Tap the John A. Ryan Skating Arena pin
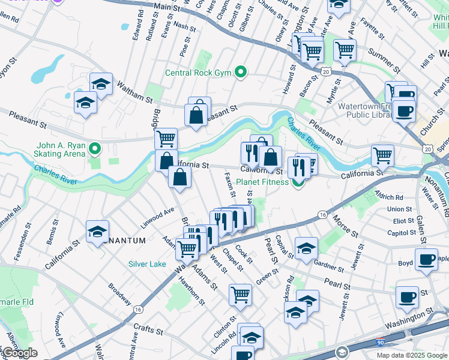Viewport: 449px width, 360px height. coord(95,147)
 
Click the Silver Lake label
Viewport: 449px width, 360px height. coord(147,264)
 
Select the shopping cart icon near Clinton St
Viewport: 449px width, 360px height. coord(240,294)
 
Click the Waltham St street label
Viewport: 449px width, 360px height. coord(136,90)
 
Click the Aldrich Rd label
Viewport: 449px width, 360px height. coord(391,197)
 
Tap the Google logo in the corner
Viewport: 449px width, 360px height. coord(20,353)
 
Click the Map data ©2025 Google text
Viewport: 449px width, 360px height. coord(411,355)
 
